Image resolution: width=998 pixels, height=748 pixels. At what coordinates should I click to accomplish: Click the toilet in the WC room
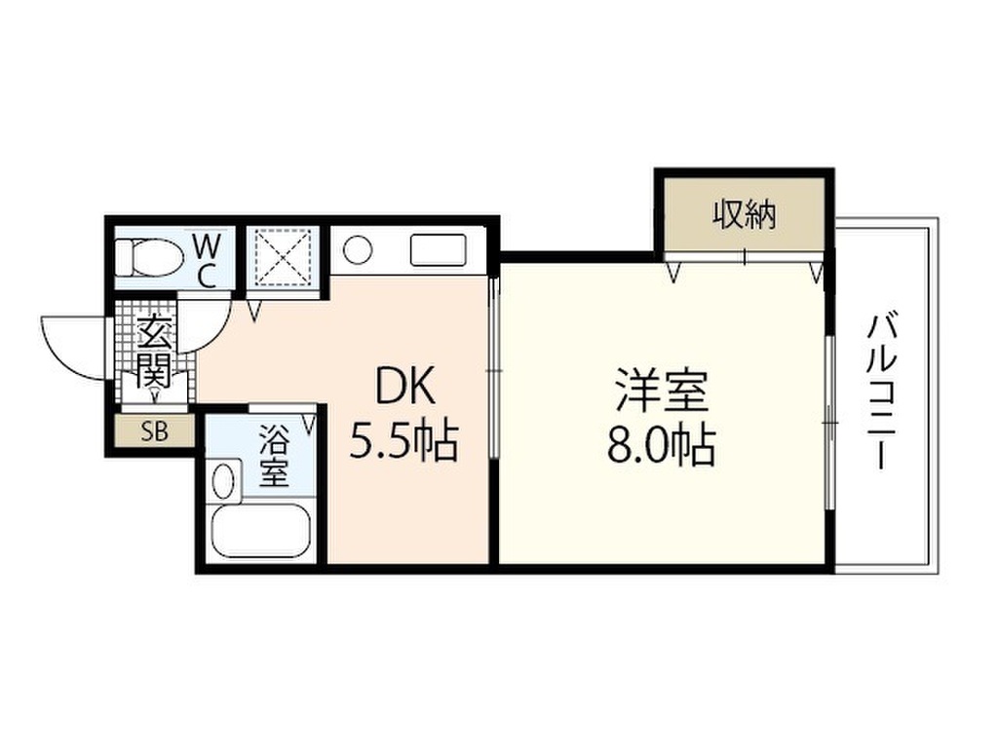(150, 257)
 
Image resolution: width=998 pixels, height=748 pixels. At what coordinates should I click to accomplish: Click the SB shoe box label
(154, 431)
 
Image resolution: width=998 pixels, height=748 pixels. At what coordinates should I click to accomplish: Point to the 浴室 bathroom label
(274, 457)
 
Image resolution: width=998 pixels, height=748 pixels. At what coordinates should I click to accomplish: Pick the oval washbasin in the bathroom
(223, 481)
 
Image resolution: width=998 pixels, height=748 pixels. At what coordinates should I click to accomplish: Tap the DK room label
(405, 386)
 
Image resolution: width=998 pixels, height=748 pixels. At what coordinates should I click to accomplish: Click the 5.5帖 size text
(404, 441)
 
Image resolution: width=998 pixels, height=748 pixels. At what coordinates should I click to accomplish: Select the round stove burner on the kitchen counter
(357, 250)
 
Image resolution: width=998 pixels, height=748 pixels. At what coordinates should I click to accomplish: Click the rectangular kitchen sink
(439, 250)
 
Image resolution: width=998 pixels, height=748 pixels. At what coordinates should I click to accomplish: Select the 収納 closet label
(744, 215)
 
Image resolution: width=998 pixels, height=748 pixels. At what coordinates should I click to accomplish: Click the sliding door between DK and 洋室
(494, 369)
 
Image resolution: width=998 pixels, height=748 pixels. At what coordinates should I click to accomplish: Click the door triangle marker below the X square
(254, 313)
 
